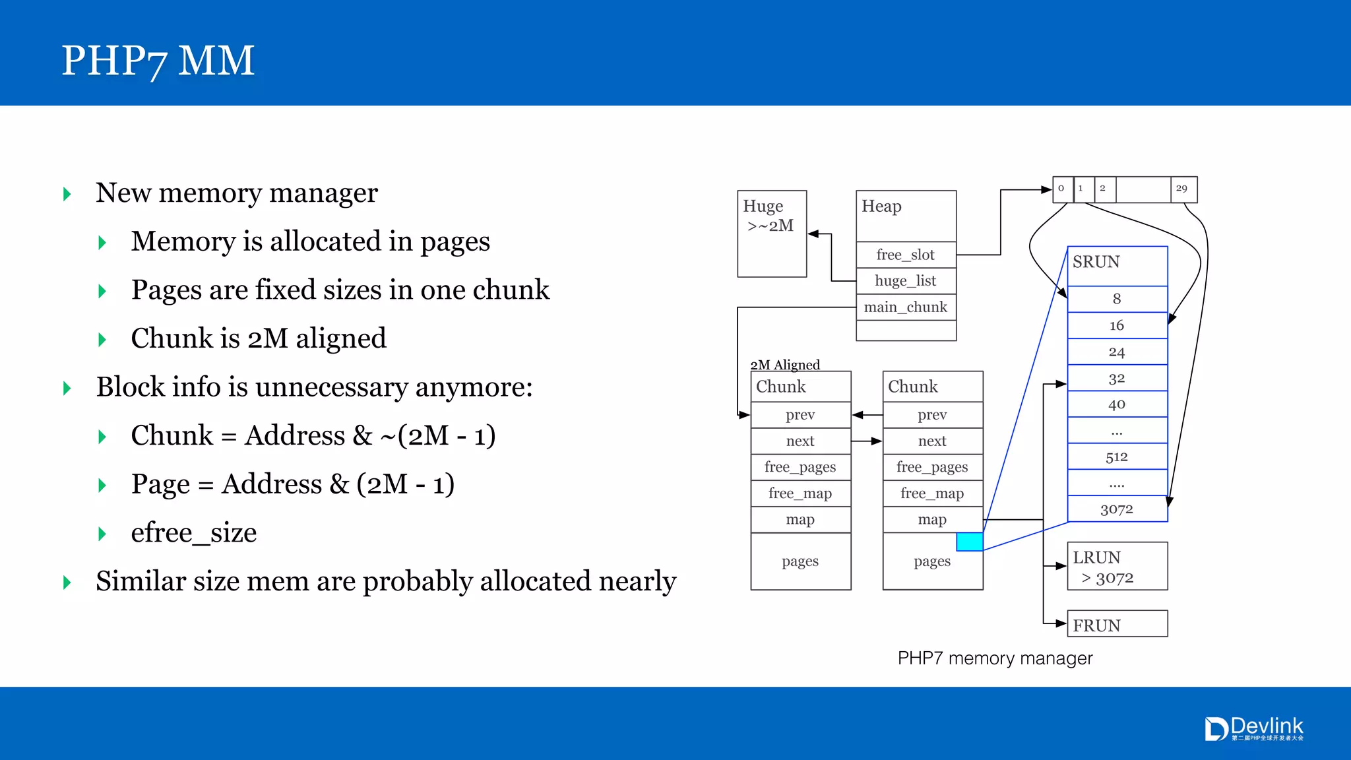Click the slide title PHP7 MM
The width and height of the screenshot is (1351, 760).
pyautogui.click(x=158, y=61)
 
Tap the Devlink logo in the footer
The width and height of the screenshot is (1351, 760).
pyautogui.click(x=1254, y=729)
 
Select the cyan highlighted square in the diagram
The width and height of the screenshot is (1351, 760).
pyautogui.click(x=969, y=542)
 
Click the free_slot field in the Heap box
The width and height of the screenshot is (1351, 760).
pyautogui.click(x=905, y=255)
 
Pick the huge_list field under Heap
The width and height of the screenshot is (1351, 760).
pyautogui.click(x=905, y=281)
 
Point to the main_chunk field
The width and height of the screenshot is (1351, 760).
pyautogui.click(x=905, y=307)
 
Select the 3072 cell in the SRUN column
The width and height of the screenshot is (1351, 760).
pyautogui.click(x=1116, y=509)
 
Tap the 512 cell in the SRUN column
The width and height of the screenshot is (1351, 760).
pyautogui.click(x=1116, y=457)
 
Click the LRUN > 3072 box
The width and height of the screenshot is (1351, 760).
pyautogui.click(x=1116, y=567)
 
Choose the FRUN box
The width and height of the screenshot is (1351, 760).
pyautogui.click(x=1116, y=624)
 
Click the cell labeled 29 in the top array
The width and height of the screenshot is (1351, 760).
pyautogui.click(x=1182, y=189)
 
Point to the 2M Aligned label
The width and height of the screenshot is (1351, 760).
pyautogui.click(x=785, y=365)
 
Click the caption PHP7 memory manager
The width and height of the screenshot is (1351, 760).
pyautogui.click(x=995, y=658)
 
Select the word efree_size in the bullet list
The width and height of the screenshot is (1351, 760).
pyautogui.click(x=194, y=533)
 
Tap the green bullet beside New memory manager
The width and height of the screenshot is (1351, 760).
pyautogui.click(x=67, y=194)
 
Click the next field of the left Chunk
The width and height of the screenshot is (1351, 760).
pyautogui.click(x=800, y=441)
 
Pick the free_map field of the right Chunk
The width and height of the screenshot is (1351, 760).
pyautogui.click(x=932, y=493)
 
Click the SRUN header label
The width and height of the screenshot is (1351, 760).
pyautogui.click(x=1096, y=263)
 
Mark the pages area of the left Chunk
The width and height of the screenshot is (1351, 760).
pyautogui.click(x=800, y=561)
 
